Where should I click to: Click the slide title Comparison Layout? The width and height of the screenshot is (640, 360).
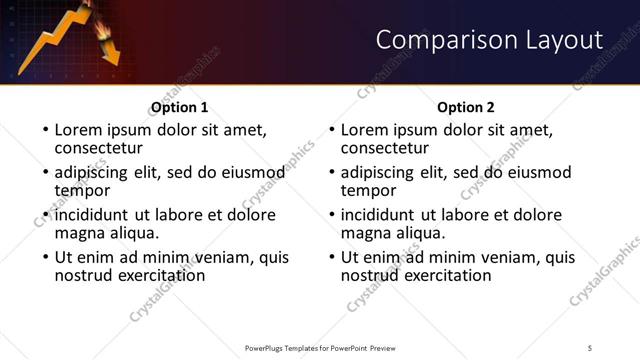pyautogui.click(x=489, y=41)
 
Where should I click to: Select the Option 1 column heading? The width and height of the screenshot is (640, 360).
pyautogui.click(x=179, y=107)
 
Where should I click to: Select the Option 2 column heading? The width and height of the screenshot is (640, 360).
pyautogui.click(x=466, y=107)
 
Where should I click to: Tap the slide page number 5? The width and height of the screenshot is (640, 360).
pyautogui.click(x=590, y=347)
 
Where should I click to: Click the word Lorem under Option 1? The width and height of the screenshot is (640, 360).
pyautogui.click(x=79, y=130)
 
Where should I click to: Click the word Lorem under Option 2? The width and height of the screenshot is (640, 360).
pyautogui.click(x=366, y=130)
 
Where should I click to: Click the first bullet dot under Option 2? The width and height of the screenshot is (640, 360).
pyautogui.click(x=331, y=131)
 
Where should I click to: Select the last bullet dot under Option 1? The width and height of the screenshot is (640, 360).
pyautogui.click(x=44, y=258)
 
